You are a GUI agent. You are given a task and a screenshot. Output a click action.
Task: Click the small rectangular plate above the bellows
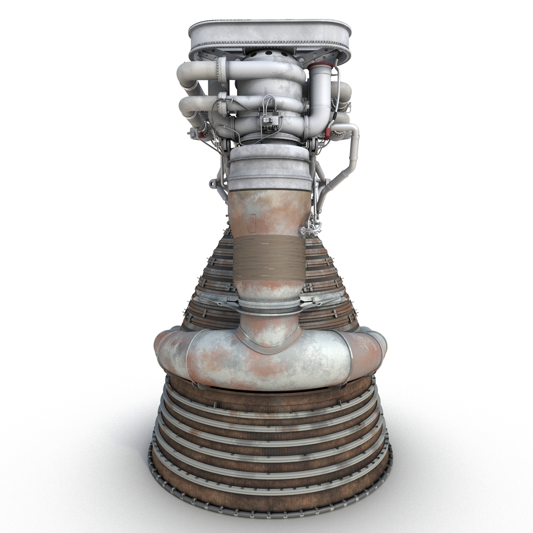[253, 222]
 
